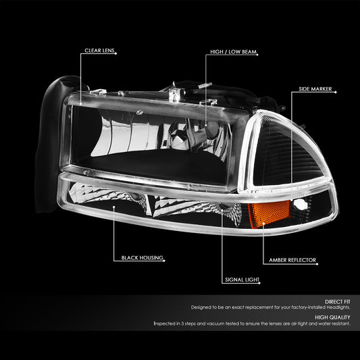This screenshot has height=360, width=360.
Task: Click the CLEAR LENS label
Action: tap(99, 51)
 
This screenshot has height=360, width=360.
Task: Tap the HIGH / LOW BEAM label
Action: tap(233, 52)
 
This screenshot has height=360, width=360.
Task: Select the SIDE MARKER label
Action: tap(315, 89)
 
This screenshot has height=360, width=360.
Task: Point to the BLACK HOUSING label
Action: tap(142, 258)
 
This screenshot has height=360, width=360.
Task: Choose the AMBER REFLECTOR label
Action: tap(292, 260)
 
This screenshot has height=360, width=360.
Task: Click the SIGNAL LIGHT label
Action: tap(242, 280)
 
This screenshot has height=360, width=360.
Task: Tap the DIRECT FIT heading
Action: tap(338, 302)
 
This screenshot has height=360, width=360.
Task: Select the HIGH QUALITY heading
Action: tap(332, 317)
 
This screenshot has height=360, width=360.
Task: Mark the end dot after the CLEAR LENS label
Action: tap(116, 54)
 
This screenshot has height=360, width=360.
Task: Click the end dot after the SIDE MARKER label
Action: tap(336, 93)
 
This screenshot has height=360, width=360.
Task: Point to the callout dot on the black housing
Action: tap(113, 207)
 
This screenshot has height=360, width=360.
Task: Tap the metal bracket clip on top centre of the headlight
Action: tap(176, 93)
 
